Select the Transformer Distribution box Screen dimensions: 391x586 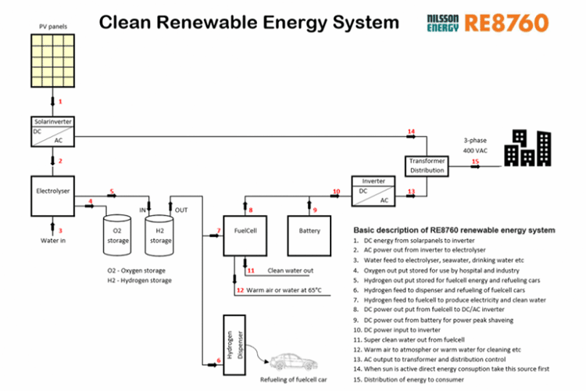[427, 165]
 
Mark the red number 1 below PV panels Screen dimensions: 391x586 [59, 102]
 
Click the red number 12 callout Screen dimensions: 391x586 [241, 290]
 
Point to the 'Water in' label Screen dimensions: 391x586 [54, 241]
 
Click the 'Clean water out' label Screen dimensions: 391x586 [290, 271]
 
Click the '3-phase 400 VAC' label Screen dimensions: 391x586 [478, 143]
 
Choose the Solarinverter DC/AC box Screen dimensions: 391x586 [49, 131]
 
